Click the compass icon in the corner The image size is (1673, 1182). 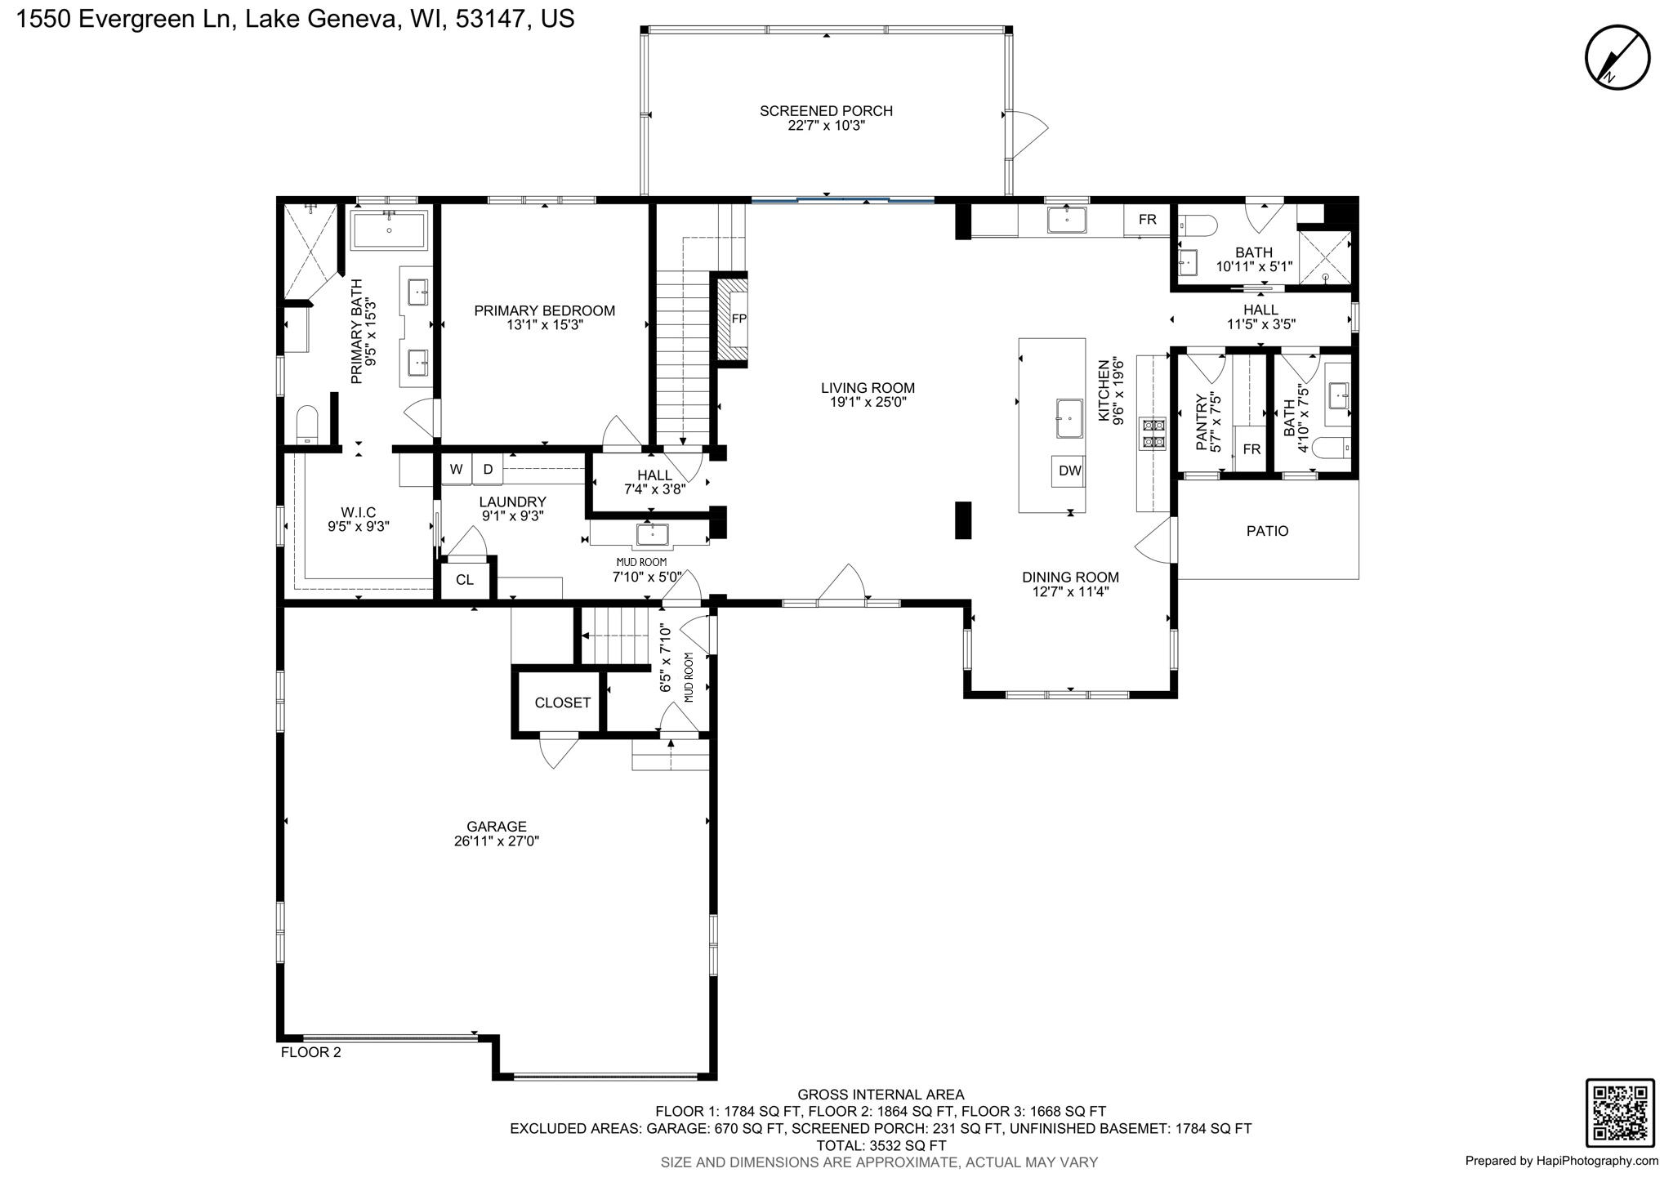click(x=1617, y=57)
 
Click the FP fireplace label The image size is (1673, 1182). click(x=738, y=319)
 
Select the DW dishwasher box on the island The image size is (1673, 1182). click(x=1069, y=471)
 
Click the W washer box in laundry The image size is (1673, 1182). click(x=457, y=469)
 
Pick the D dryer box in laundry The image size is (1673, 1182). click(x=488, y=469)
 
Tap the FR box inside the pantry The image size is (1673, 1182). click(x=1251, y=449)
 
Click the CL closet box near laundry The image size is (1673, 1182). click(x=465, y=580)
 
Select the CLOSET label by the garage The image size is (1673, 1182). click(x=562, y=703)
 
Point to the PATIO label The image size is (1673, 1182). click(x=1267, y=531)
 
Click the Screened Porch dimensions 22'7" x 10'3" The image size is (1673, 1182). click(x=826, y=126)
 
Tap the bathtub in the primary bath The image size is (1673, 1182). click(x=389, y=230)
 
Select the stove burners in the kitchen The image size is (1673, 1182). click(x=1153, y=433)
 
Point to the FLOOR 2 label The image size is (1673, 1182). click(x=311, y=1052)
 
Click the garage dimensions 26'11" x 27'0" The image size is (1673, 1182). click(x=497, y=841)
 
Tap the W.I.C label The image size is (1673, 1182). click(x=358, y=512)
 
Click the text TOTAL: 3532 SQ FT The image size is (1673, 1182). click(x=881, y=1145)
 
